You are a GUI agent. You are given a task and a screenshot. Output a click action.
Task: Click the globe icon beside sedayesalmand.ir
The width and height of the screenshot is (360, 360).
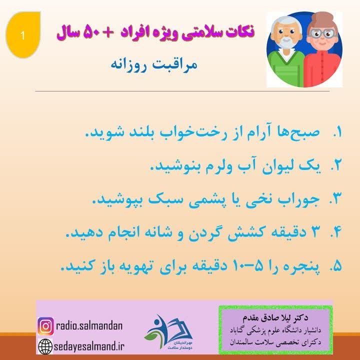pos(45,345)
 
